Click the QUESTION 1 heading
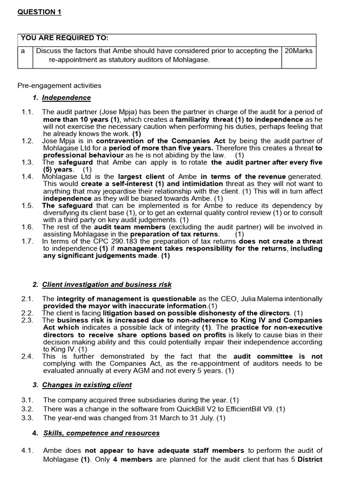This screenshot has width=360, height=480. [39, 12]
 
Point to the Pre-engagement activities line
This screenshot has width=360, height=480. [59, 85]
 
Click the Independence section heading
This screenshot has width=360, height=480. [66, 97]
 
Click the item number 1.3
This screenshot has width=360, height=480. [27, 162]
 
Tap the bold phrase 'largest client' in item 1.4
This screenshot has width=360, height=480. [138, 177]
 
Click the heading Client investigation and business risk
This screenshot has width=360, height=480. [106, 284]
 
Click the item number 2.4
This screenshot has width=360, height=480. [27, 356]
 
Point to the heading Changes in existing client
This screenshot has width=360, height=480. [87, 385]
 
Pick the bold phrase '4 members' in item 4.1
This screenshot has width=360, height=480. [133, 459]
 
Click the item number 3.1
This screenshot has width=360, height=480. [27, 400]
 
